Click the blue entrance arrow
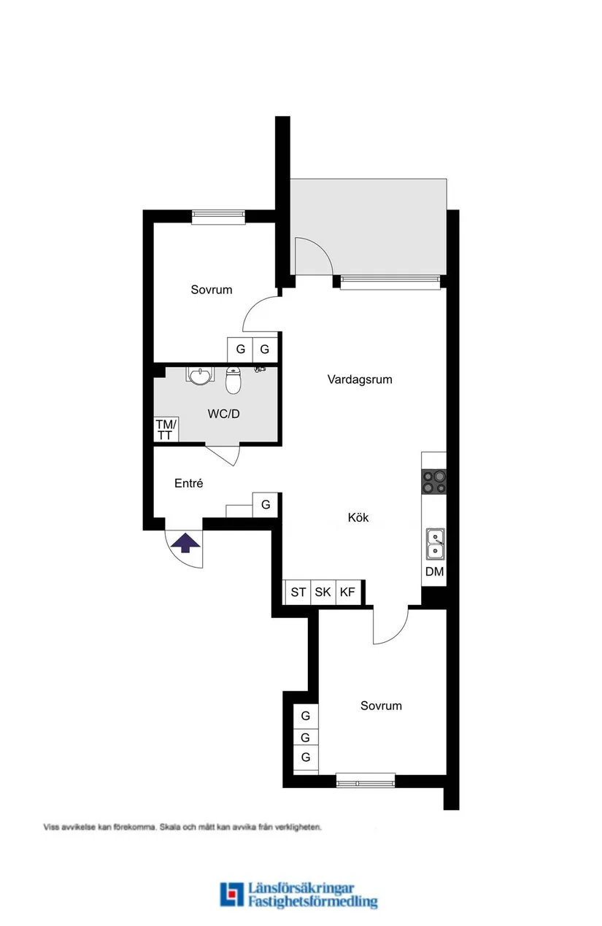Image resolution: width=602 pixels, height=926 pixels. pos(185,542)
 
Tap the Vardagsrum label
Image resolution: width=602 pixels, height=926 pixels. pos(360,379)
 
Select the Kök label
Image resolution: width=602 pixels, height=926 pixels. pos(358,517)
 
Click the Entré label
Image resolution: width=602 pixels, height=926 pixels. pos(188,483)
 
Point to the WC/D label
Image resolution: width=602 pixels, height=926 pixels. pos(224,414)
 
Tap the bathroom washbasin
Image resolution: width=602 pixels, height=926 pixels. pos(198,375)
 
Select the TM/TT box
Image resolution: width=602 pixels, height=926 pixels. pos(166,430)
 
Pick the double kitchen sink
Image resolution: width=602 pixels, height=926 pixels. pos(434,544)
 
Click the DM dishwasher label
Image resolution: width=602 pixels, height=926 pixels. pos(434,571)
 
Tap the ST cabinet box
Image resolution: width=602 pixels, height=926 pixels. pos(298,592)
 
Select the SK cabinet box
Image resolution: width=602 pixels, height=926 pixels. pos(323,592)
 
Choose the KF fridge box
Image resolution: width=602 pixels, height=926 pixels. pos(347,592)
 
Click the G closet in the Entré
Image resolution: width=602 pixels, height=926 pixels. pos(266,504)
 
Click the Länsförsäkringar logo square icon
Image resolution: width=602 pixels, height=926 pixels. pos(232,895)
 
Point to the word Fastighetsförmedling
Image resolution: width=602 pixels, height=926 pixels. pos(312,902)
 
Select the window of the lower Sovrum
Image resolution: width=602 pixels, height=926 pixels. pos(366,780)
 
